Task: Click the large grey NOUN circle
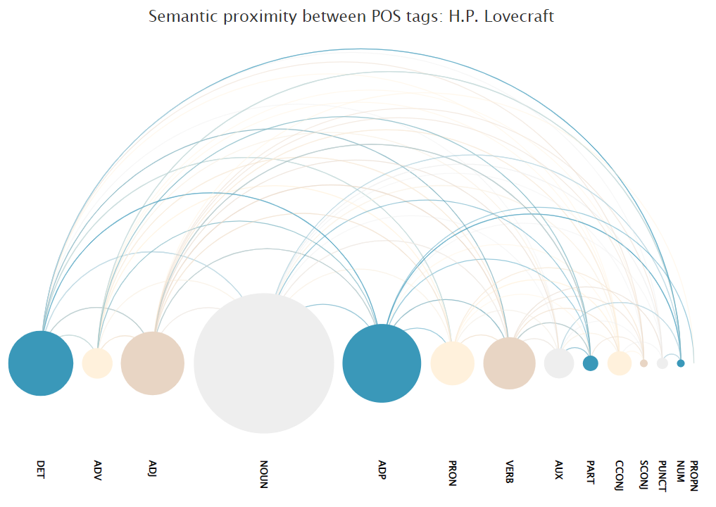[x=264, y=363]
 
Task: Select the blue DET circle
[x=41, y=363]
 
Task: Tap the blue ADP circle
[x=382, y=363]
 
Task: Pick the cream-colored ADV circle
[x=97, y=363]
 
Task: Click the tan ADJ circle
[x=153, y=363]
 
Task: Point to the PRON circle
[x=452, y=363]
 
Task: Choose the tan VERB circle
[x=509, y=363]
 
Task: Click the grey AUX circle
[x=559, y=363]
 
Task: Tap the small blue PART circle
[x=591, y=363]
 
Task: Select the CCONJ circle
[x=620, y=363]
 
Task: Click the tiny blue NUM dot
[x=680, y=363]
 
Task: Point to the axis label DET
[x=41, y=470]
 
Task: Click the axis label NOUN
[x=264, y=474]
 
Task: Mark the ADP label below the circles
[x=382, y=470]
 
